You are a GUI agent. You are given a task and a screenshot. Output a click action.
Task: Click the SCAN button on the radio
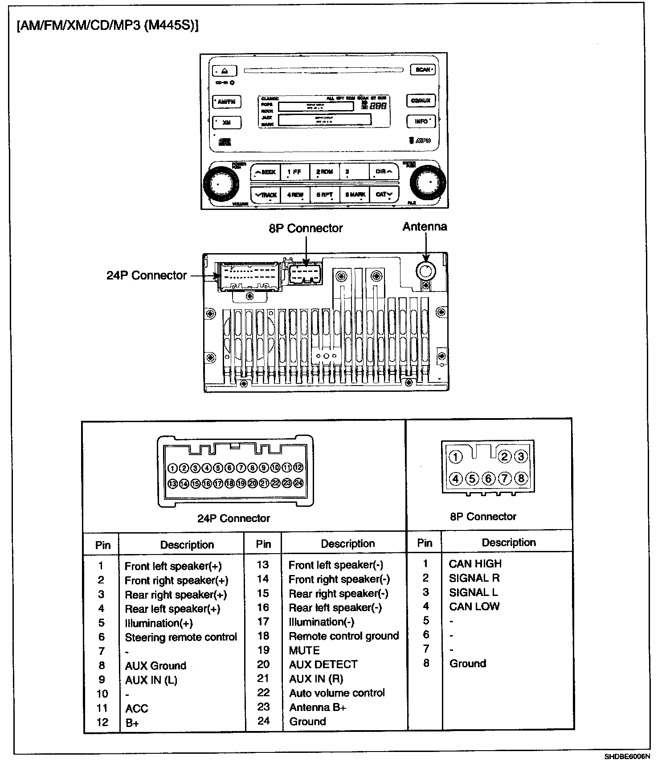click(422, 70)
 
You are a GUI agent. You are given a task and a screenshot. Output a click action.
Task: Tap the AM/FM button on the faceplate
click(227, 102)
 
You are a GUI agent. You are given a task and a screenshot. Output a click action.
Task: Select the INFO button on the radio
click(421, 121)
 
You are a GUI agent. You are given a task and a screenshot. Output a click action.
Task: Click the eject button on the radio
click(225, 71)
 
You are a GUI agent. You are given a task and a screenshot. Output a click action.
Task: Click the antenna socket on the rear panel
click(426, 270)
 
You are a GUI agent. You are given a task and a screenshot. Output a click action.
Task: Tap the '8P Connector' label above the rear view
click(306, 228)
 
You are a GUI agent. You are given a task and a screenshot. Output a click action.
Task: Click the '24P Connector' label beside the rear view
click(147, 275)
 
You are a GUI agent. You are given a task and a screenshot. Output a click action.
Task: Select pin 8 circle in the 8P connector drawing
click(521, 479)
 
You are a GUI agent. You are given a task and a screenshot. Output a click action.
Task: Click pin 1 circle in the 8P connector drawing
click(455, 457)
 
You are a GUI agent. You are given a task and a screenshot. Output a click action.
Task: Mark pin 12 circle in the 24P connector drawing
click(298, 468)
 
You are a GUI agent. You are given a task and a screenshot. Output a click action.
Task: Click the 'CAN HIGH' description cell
click(475, 564)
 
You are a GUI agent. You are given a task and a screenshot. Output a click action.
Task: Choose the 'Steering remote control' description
click(181, 637)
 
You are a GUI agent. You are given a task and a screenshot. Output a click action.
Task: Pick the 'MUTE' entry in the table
click(304, 650)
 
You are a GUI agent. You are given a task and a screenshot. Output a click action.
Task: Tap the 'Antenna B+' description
click(318, 707)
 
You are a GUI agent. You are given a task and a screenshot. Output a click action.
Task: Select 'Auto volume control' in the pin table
click(337, 693)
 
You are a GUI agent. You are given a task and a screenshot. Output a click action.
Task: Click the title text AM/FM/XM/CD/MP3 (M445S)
click(107, 26)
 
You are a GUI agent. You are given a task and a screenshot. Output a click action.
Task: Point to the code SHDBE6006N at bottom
click(627, 756)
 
